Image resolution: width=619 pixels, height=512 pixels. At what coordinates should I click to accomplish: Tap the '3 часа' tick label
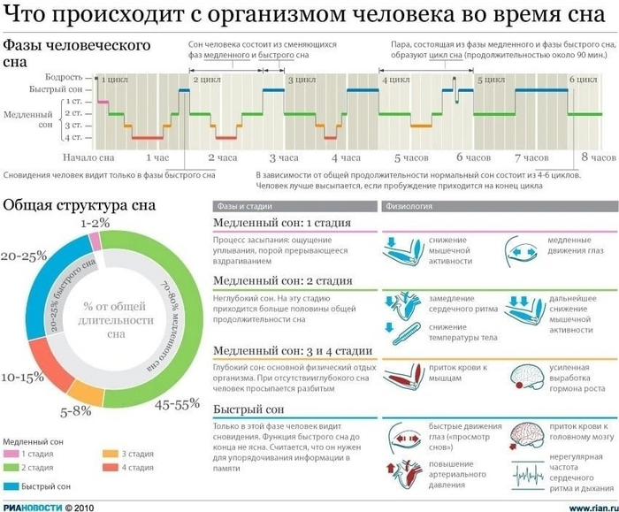coord(285,157)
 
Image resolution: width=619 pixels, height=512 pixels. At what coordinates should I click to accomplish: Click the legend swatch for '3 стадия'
coord(110,454)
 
